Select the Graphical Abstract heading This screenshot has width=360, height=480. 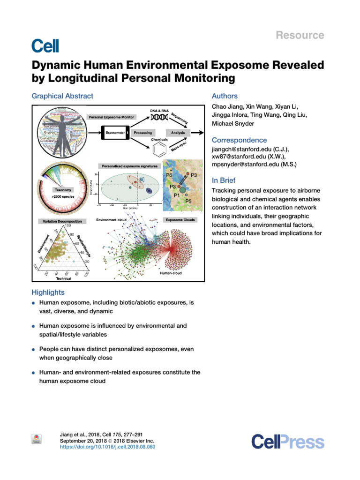(x=62, y=96)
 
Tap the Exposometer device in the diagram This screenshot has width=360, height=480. (x=114, y=133)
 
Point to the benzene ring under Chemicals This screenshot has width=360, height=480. (x=159, y=151)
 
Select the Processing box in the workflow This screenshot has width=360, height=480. (x=143, y=133)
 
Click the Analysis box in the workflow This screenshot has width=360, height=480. (x=178, y=133)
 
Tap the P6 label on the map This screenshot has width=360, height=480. (x=170, y=175)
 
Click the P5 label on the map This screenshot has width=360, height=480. (x=189, y=201)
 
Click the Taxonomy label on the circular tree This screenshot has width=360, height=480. (x=63, y=190)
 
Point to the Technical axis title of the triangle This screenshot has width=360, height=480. (x=64, y=278)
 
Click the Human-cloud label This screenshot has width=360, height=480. (x=172, y=273)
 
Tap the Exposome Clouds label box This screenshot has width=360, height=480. (x=180, y=219)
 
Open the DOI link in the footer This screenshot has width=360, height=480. (x=108, y=447)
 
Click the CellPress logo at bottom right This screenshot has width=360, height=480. (x=287, y=442)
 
